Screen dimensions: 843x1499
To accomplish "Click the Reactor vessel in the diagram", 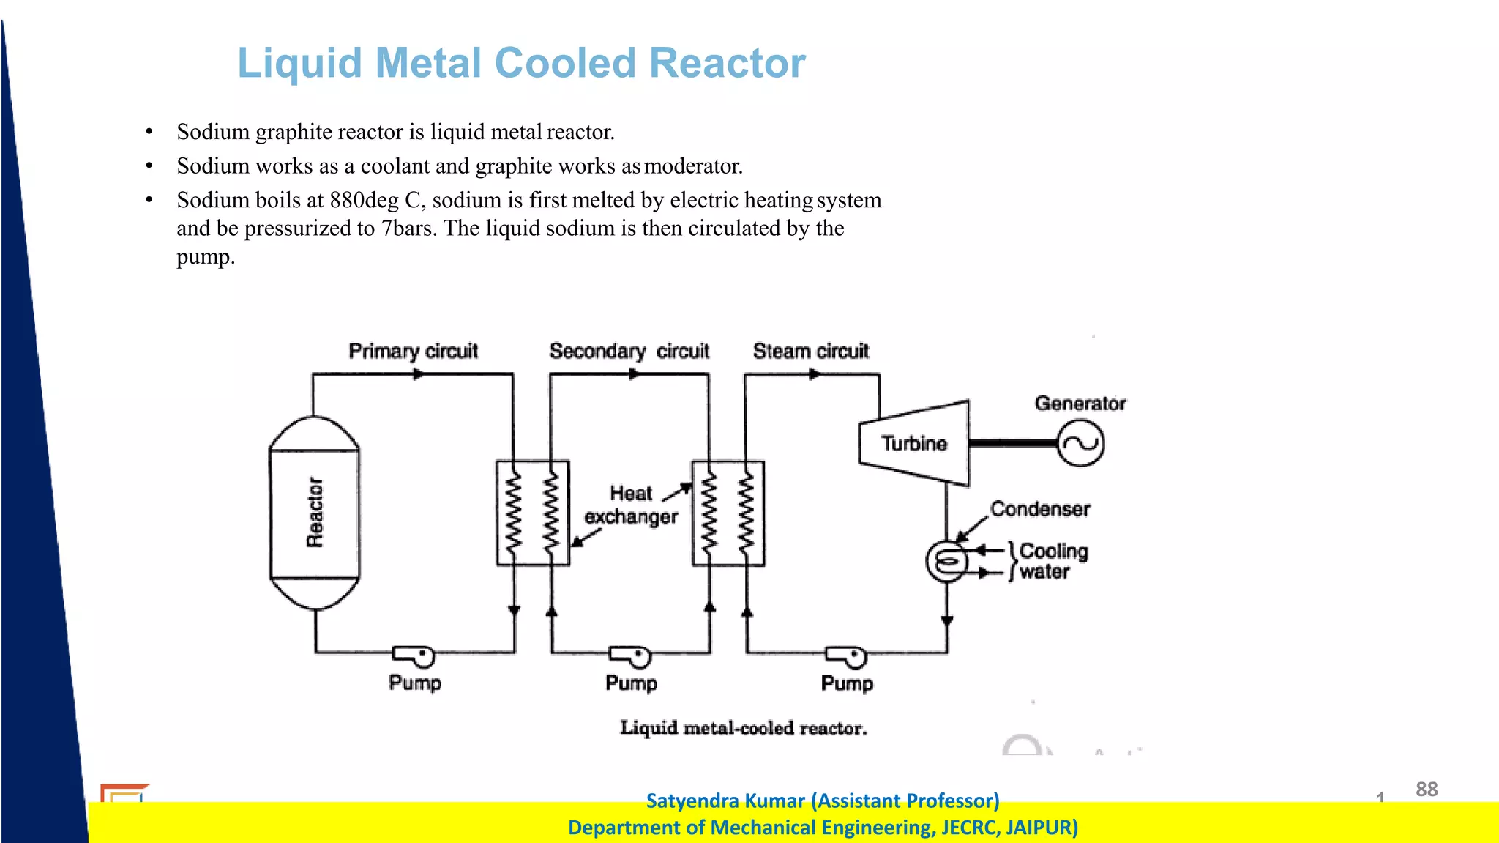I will (315, 513).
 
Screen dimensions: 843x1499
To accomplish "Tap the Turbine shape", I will (915, 443).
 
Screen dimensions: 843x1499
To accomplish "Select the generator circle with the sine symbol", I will (1080, 443).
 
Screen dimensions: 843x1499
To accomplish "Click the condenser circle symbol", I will (947, 562).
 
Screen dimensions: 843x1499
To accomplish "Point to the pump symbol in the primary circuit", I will (415, 656).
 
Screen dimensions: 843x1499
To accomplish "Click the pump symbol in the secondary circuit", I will (631, 656).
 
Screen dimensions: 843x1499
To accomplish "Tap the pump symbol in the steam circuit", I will (847, 656).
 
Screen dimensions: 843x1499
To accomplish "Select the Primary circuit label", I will (413, 351).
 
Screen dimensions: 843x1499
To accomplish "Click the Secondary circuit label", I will (629, 351).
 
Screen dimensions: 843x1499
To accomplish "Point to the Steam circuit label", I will (811, 351).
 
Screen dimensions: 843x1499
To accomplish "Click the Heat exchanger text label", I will (631, 505).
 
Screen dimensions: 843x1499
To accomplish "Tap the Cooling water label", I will (1053, 561).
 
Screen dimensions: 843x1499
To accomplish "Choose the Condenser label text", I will (1040, 509).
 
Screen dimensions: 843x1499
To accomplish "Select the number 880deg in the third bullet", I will (364, 200).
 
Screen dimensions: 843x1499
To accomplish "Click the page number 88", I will (1427, 789).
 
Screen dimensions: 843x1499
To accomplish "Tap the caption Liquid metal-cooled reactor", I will (743, 728).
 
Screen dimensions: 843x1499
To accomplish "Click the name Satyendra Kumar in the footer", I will (725, 801).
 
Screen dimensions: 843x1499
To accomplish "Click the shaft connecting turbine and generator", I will (1013, 443).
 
